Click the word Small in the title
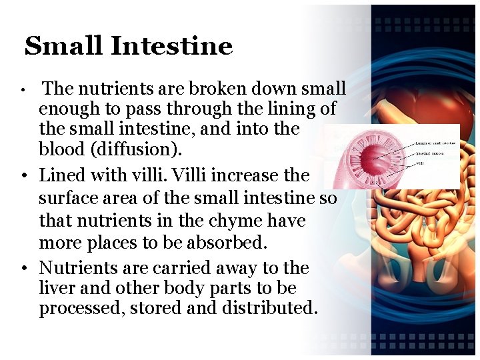[x=63, y=46]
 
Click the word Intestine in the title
[x=172, y=46]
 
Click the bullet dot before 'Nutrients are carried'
[x=23, y=268]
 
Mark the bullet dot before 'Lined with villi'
[x=23, y=176]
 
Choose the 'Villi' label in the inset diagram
[x=421, y=162]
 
